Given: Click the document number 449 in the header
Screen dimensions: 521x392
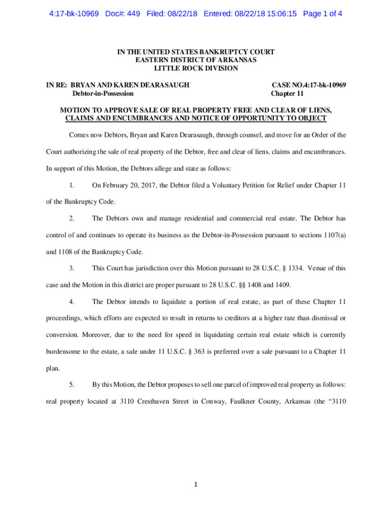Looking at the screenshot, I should point(133,14).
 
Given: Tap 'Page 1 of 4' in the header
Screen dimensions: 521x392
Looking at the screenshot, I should point(322,14).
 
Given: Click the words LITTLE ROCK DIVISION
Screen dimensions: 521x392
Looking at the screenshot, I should point(196,68).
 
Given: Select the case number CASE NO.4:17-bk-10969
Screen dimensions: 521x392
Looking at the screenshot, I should point(309,85).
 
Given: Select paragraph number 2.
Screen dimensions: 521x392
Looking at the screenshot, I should point(72,218).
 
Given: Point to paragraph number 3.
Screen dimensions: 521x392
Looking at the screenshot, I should point(72,268).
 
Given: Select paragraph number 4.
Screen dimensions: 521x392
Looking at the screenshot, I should point(72,302).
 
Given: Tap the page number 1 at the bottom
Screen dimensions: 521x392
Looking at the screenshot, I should point(196,484).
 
